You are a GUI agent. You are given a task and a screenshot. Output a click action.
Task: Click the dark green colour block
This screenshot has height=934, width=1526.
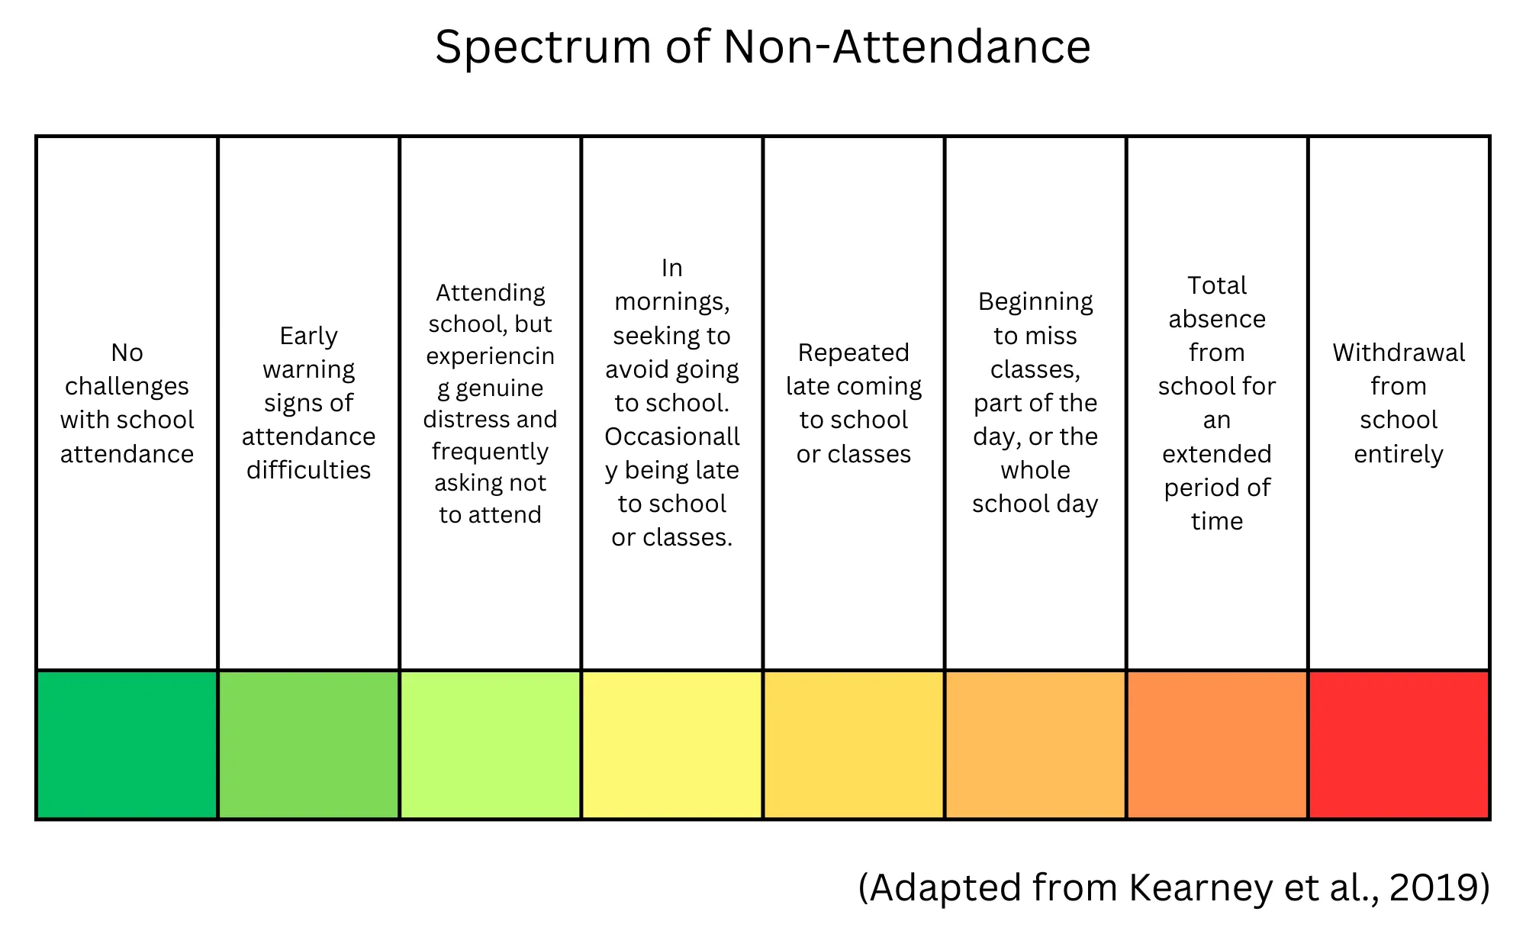(x=127, y=745)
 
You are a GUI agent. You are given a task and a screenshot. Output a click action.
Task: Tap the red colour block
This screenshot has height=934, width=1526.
(x=1399, y=745)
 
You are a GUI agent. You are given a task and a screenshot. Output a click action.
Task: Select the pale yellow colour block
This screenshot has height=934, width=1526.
(x=672, y=745)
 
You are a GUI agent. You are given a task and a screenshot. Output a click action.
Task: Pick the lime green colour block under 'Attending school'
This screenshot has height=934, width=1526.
(x=491, y=745)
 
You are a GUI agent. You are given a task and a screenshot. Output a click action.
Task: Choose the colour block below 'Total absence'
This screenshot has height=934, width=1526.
(x=1217, y=745)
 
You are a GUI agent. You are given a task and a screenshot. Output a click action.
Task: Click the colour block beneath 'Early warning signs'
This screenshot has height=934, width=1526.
(x=309, y=745)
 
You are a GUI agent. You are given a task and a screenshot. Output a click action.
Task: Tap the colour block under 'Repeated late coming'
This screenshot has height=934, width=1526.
(x=854, y=745)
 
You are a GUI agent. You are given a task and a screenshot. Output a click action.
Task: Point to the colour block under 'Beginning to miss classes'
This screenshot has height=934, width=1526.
(x=1035, y=745)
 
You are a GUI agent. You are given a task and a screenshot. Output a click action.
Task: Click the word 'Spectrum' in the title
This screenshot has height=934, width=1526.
(x=542, y=47)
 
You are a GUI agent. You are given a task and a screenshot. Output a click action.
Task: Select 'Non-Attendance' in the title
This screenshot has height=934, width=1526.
(x=906, y=47)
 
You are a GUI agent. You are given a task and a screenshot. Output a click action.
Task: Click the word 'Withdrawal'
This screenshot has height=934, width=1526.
(x=1399, y=353)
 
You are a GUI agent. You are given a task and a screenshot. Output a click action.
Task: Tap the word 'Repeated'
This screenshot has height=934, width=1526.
(x=854, y=353)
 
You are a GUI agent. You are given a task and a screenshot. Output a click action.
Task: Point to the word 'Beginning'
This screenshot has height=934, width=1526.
(x=1035, y=302)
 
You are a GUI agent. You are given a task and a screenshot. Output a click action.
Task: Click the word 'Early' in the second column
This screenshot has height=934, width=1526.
(x=308, y=336)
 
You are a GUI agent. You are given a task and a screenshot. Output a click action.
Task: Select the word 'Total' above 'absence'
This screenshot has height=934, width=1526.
(x=1217, y=285)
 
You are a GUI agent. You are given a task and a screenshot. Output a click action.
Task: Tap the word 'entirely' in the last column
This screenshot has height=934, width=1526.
(x=1399, y=454)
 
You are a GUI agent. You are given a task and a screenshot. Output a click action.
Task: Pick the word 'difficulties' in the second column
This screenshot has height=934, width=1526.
(x=308, y=470)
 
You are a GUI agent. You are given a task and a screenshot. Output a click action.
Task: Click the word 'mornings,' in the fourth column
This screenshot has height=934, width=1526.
(x=672, y=302)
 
